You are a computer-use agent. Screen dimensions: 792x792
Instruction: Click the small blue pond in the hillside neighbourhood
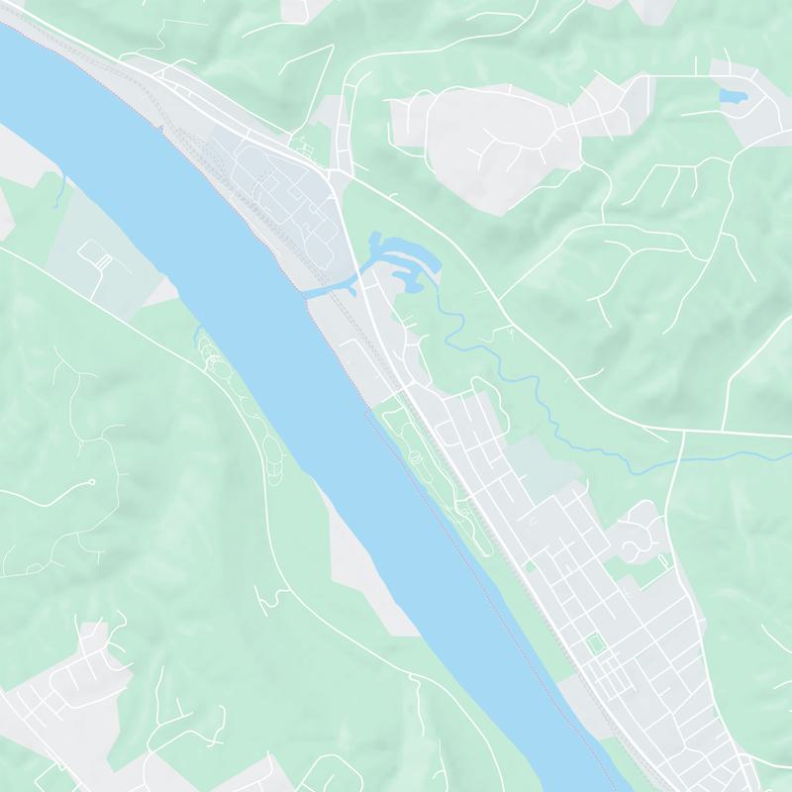(x=734, y=96)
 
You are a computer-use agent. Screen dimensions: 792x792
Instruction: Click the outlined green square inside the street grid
(x=595, y=644)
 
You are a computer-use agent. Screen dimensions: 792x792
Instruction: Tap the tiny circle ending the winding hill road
(x=91, y=482)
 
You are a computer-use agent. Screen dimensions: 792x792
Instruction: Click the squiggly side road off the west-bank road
(x=265, y=597)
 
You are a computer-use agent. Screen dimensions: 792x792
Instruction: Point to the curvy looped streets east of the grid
(x=639, y=535)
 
